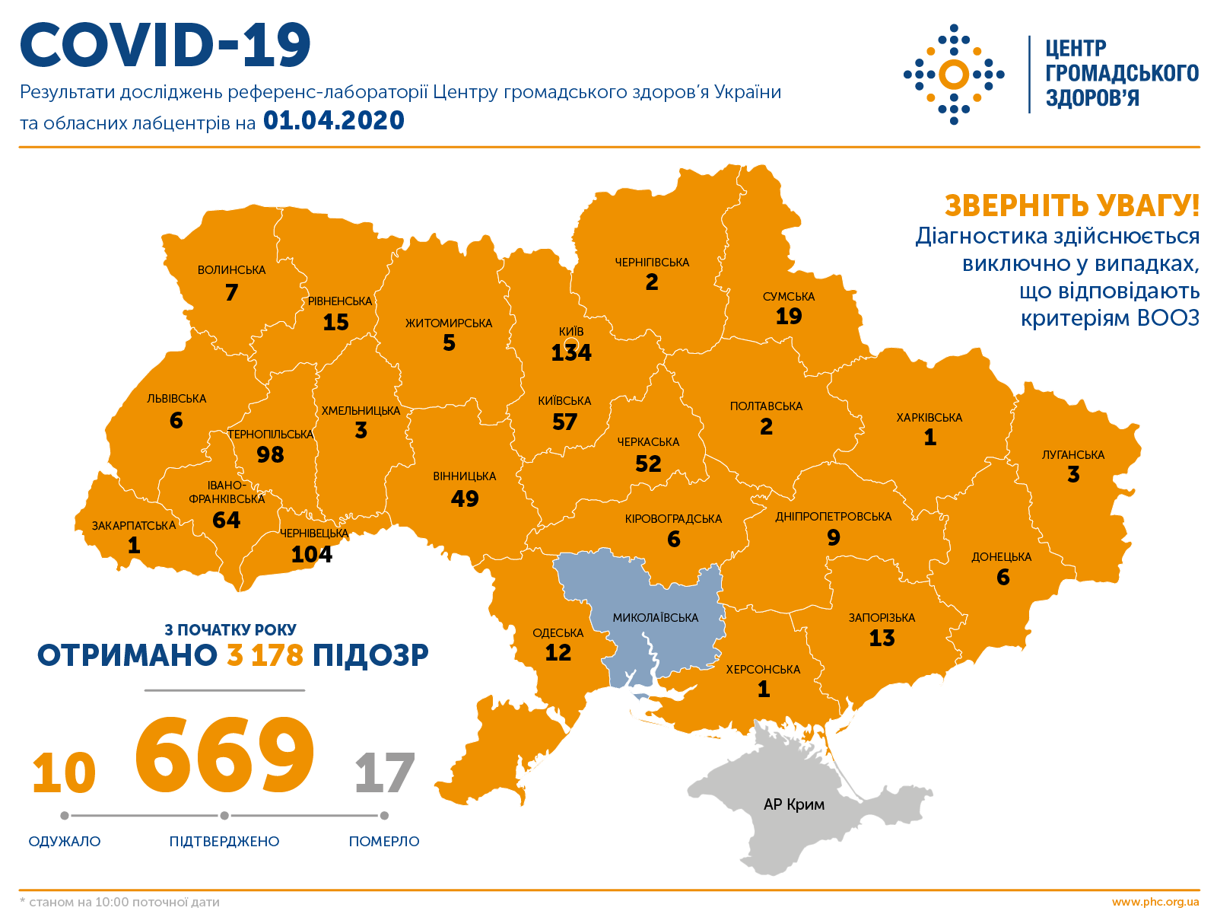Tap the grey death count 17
point(384,773)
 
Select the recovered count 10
point(64,773)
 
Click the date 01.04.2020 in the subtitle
point(333,121)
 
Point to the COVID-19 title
point(165,45)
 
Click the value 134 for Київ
point(571,353)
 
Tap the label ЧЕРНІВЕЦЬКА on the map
point(313,533)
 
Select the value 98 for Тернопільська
point(270,454)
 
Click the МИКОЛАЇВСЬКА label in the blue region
point(655,618)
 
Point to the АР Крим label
point(793,804)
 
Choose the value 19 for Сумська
point(789,316)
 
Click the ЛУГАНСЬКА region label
point(1072,455)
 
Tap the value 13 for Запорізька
point(882,638)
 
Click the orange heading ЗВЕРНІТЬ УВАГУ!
point(1072,206)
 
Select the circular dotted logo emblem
point(954,75)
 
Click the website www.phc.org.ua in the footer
point(1155,902)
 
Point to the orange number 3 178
point(265,655)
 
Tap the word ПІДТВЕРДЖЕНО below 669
point(224,842)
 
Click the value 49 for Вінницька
point(464,498)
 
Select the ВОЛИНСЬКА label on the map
point(231,270)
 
